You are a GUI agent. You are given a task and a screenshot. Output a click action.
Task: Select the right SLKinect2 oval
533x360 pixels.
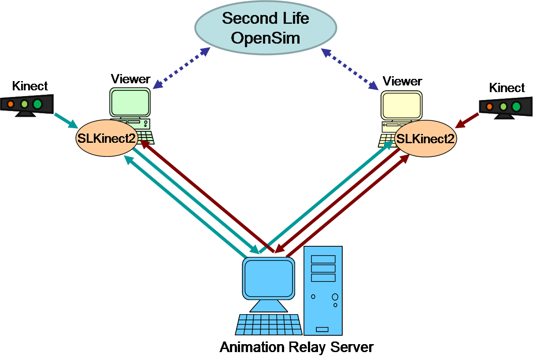[x=426, y=138]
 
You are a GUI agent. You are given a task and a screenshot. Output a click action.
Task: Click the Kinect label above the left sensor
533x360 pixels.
[x=30, y=86]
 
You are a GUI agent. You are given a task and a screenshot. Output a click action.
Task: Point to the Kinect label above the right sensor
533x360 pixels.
[x=507, y=88]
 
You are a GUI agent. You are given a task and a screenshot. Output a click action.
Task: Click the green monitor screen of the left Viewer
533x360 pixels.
[x=130, y=102]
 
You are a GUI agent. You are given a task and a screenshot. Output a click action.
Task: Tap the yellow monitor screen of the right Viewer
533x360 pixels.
[x=401, y=105]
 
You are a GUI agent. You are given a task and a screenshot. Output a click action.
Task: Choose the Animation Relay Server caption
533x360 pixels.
[x=296, y=347]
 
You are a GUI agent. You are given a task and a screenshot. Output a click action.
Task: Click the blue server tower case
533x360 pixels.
[x=323, y=291]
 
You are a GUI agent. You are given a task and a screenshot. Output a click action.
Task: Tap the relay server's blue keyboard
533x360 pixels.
[x=269, y=325]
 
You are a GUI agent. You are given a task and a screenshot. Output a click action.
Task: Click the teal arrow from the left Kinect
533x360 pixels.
[x=66, y=120]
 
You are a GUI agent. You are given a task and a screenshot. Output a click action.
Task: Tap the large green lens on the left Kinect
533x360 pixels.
[x=37, y=104]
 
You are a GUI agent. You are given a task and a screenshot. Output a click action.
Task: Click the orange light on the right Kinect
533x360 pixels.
[x=489, y=106]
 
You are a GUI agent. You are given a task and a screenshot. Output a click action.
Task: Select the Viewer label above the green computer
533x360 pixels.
[x=130, y=79]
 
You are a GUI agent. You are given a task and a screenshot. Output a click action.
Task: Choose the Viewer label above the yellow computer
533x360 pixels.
[x=402, y=82]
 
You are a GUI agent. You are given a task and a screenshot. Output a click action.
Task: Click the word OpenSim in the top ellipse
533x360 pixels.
[x=266, y=38]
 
